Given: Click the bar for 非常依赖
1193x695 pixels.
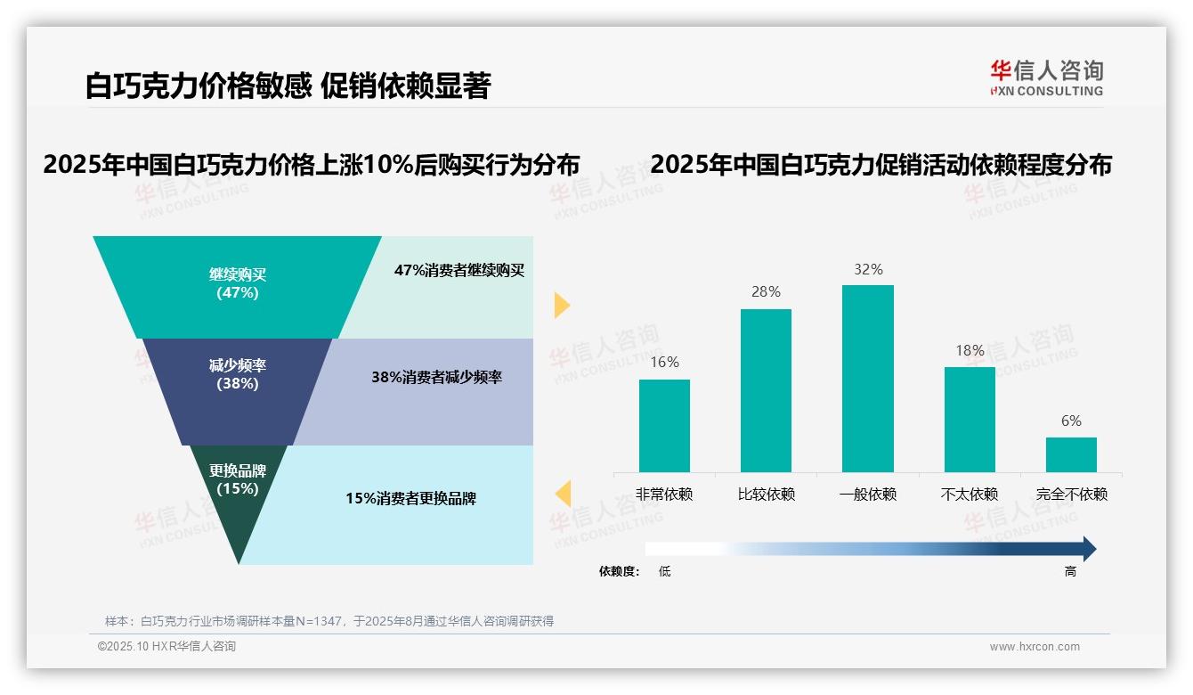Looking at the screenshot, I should tap(664, 425).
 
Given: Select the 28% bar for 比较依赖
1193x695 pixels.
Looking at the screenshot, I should tap(766, 390).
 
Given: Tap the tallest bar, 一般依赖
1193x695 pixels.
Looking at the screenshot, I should tap(868, 378).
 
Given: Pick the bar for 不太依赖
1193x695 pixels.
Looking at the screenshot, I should tap(970, 419).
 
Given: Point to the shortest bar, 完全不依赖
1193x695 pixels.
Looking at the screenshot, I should tap(1071, 454).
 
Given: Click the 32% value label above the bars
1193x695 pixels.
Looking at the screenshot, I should tap(868, 269).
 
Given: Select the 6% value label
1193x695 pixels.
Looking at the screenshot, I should tap(1071, 421).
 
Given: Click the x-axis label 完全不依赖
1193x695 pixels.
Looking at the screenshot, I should tap(1072, 494).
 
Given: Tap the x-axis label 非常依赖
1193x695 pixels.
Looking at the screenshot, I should tap(664, 494).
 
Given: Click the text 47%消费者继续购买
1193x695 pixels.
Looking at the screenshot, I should tap(459, 270).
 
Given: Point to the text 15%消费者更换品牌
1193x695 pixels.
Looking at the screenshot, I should tap(411, 498).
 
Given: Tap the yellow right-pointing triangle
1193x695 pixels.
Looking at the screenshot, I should tap(561, 305).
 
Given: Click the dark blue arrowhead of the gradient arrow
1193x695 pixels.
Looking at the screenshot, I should tap(1088, 549).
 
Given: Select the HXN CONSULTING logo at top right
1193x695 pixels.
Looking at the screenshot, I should tap(1046, 78).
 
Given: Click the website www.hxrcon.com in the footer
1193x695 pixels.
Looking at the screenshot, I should tap(1035, 646).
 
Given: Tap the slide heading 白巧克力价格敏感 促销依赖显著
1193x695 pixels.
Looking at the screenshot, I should tap(288, 86).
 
